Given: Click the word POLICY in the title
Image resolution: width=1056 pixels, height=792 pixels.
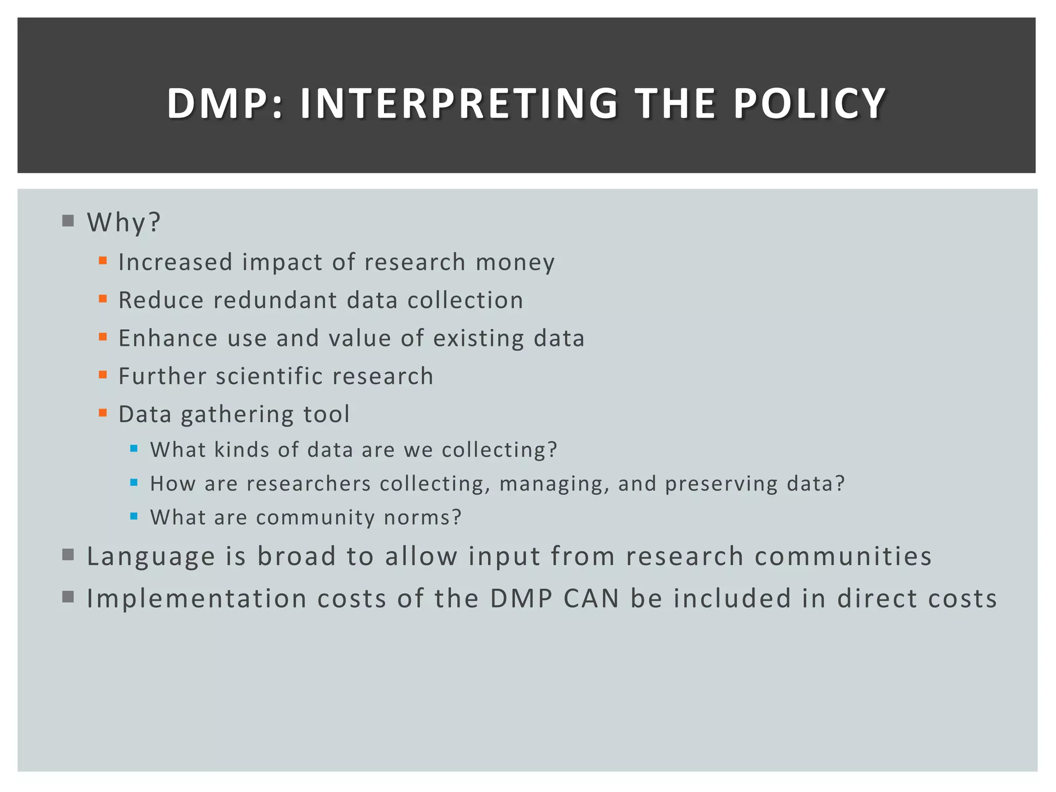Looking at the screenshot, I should click(809, 104).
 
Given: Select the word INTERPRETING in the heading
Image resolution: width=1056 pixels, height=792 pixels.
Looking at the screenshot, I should click(459, 104).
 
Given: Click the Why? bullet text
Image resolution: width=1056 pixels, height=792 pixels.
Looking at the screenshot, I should click(124, 223).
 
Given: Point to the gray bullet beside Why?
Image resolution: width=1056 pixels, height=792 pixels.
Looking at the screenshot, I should click(68, 221).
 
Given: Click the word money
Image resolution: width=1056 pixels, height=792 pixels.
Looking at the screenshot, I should click(515, 262).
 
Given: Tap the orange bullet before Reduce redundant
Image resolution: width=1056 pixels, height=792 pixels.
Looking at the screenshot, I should click(103, 299).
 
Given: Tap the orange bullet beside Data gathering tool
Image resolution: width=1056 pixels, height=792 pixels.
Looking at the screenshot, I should click(103, 412).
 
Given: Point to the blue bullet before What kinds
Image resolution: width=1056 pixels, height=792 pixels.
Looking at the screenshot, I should click(134, 449).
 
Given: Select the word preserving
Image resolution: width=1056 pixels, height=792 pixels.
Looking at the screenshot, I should click(721, 484).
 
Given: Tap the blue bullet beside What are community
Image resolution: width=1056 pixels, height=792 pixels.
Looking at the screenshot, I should click(134, 516).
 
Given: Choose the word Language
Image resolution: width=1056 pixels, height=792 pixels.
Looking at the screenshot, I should click(151, 557).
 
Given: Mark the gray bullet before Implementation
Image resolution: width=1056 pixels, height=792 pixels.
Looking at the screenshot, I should click(68, 597).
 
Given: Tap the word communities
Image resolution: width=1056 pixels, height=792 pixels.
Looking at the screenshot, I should click(843, 556).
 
